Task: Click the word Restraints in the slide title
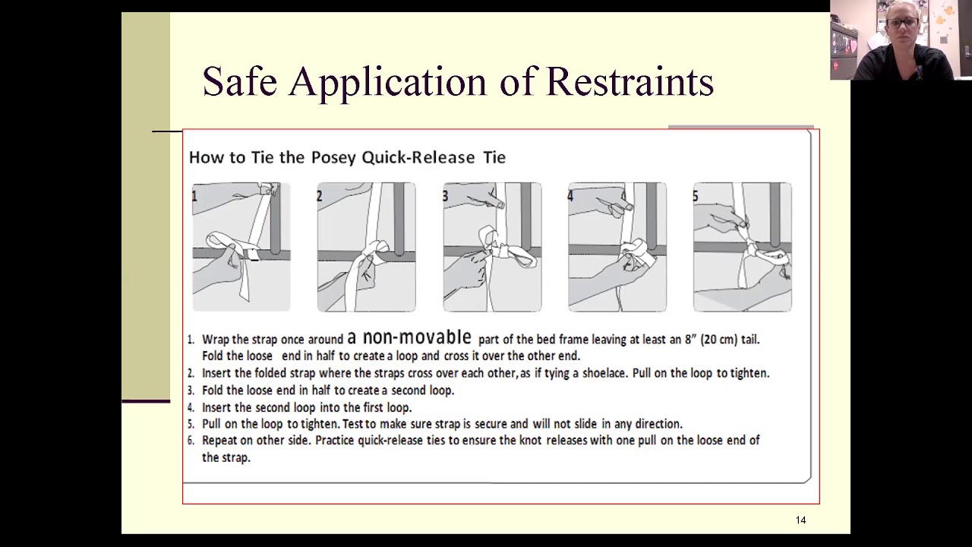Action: coord(630,81)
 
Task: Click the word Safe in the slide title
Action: coord(239,81)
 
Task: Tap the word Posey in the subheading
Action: coord(334,157)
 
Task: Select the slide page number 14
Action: coord(800,520)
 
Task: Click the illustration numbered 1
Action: coord(241,247)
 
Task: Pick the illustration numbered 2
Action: coord(366,247)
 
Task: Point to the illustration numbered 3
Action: coord(492,247)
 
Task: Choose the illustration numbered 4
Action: coord(617,247)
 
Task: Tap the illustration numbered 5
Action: coord(742,247)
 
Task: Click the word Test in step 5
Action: coord(354,424)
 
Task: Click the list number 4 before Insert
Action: coord(191,408)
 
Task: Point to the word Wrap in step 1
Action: coord(215,340)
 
